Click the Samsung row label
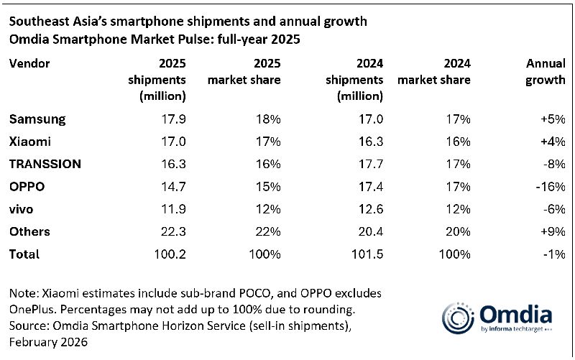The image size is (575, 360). click(37, 119)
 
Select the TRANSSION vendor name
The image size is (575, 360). click(45, 164)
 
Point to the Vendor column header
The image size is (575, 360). click(29, 63)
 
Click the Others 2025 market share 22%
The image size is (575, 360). click(267, 231)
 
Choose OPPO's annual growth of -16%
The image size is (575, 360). click(549, 187)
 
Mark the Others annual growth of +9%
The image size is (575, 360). click(552, 231)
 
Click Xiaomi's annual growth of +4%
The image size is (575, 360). click(552, 142)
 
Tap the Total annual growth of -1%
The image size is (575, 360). click(553, 254)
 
